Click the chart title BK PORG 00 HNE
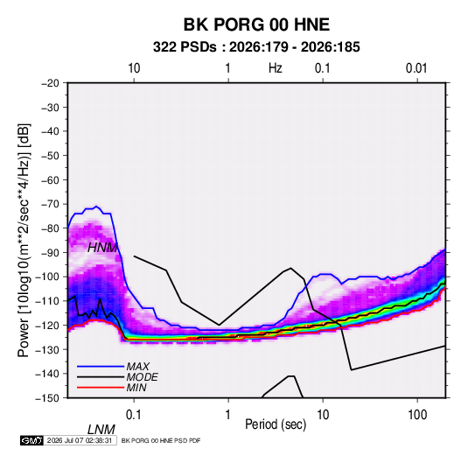tap(256, 25)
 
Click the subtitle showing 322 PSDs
tap(256, 47)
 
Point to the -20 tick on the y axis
tap(50, 83)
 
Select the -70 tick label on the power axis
tap(50, 204)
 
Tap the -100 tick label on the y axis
tap(47, 277)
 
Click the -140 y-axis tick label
tap(47, 374)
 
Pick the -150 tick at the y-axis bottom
tap(47, 398)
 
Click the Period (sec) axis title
tap(276, 424)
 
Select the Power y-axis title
tap(24, 240)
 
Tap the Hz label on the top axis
tap(276, 68)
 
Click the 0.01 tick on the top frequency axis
tap(416, 68)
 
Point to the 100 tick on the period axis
tap(417, 415)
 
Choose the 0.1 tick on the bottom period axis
tap(133, 415)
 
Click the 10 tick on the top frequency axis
tap(134, 68)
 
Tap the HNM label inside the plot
tap(102, 248)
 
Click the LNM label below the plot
tap(101, 430)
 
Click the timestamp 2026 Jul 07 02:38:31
tap(80, 440)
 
